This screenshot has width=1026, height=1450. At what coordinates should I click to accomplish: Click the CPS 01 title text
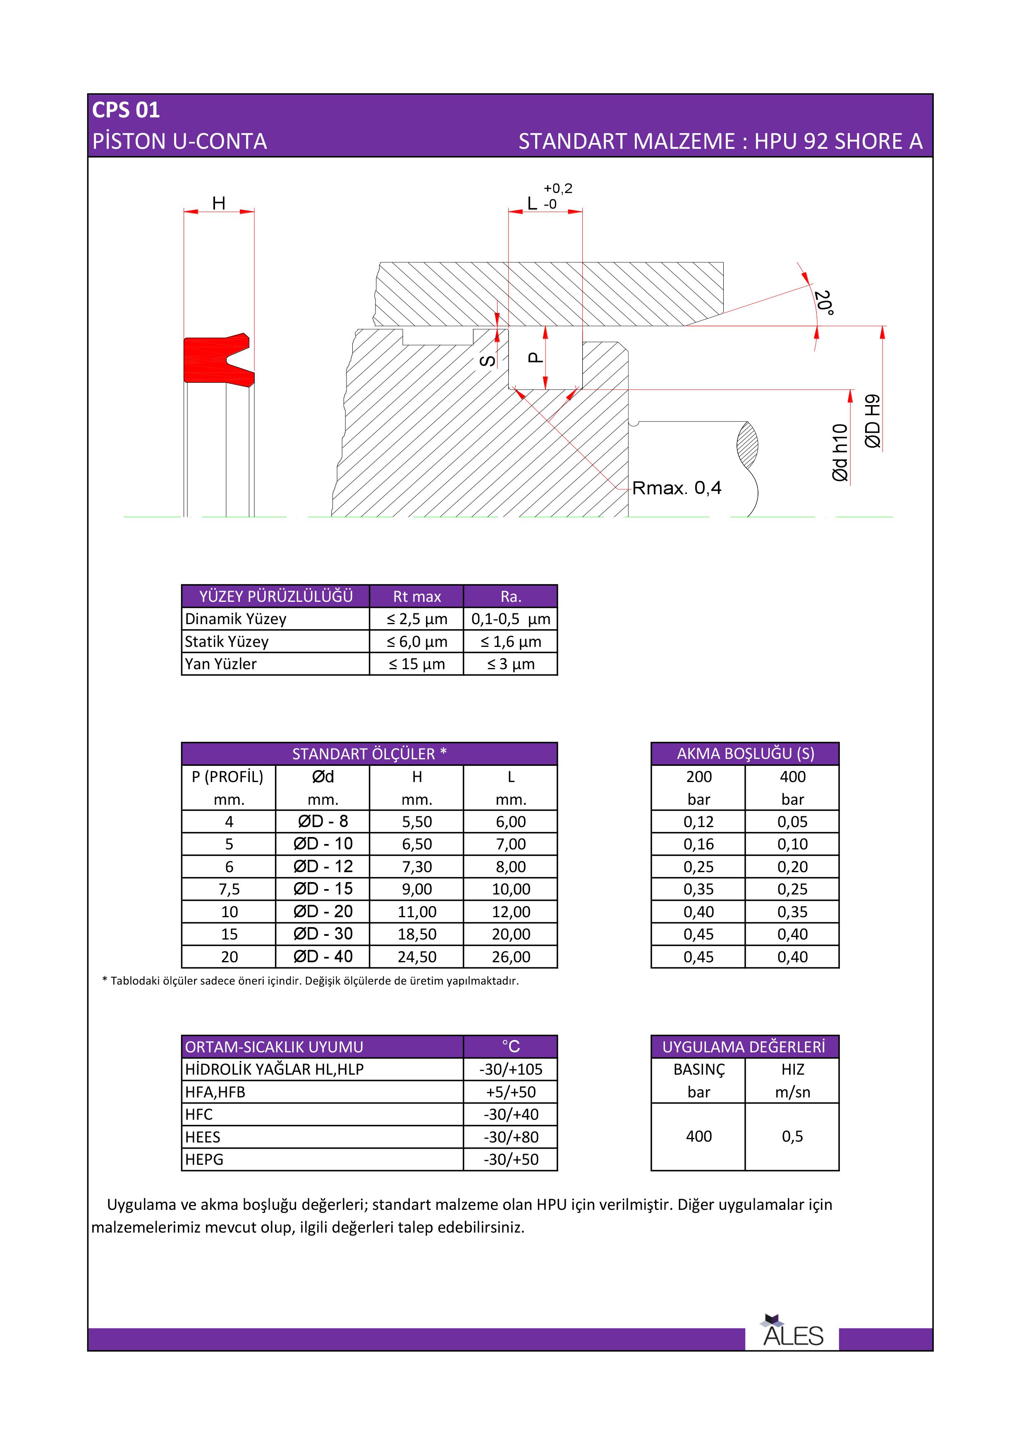pyautogui.click(x=126, y=110)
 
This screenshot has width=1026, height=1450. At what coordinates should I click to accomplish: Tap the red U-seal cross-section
pyautogui.click(x=208, y=360)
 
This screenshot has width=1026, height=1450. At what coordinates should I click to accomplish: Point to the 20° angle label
pyautogui.click(x=823, y=303)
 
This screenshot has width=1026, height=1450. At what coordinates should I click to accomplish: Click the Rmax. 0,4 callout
pyautogui.click(x=676, y=488)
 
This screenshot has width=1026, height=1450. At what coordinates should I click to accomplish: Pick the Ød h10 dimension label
pyautogui.click(x=839, y=452)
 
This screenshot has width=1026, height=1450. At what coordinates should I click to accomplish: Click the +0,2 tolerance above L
pyautogui.click(x=558, y=188)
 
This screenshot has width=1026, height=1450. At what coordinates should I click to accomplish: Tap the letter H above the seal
pyautogui.click(x=219, y=203)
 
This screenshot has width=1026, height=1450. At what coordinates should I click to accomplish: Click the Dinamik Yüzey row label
pyautogui.click(x=236, y=619)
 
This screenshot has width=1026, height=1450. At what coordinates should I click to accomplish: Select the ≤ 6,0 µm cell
pyautogui.click(x=416, y=642)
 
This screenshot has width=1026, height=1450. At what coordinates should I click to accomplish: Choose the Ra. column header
pyautogui.click(x=510, y=596)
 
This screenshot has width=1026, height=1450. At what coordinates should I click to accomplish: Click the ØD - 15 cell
pyautogui.click(x=323, y=889)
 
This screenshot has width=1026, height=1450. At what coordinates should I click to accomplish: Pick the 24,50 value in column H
pyautogui.click(x=416, y=957)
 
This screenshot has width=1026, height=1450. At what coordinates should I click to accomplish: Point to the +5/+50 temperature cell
pyautogui.click(x=510, y=1092)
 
